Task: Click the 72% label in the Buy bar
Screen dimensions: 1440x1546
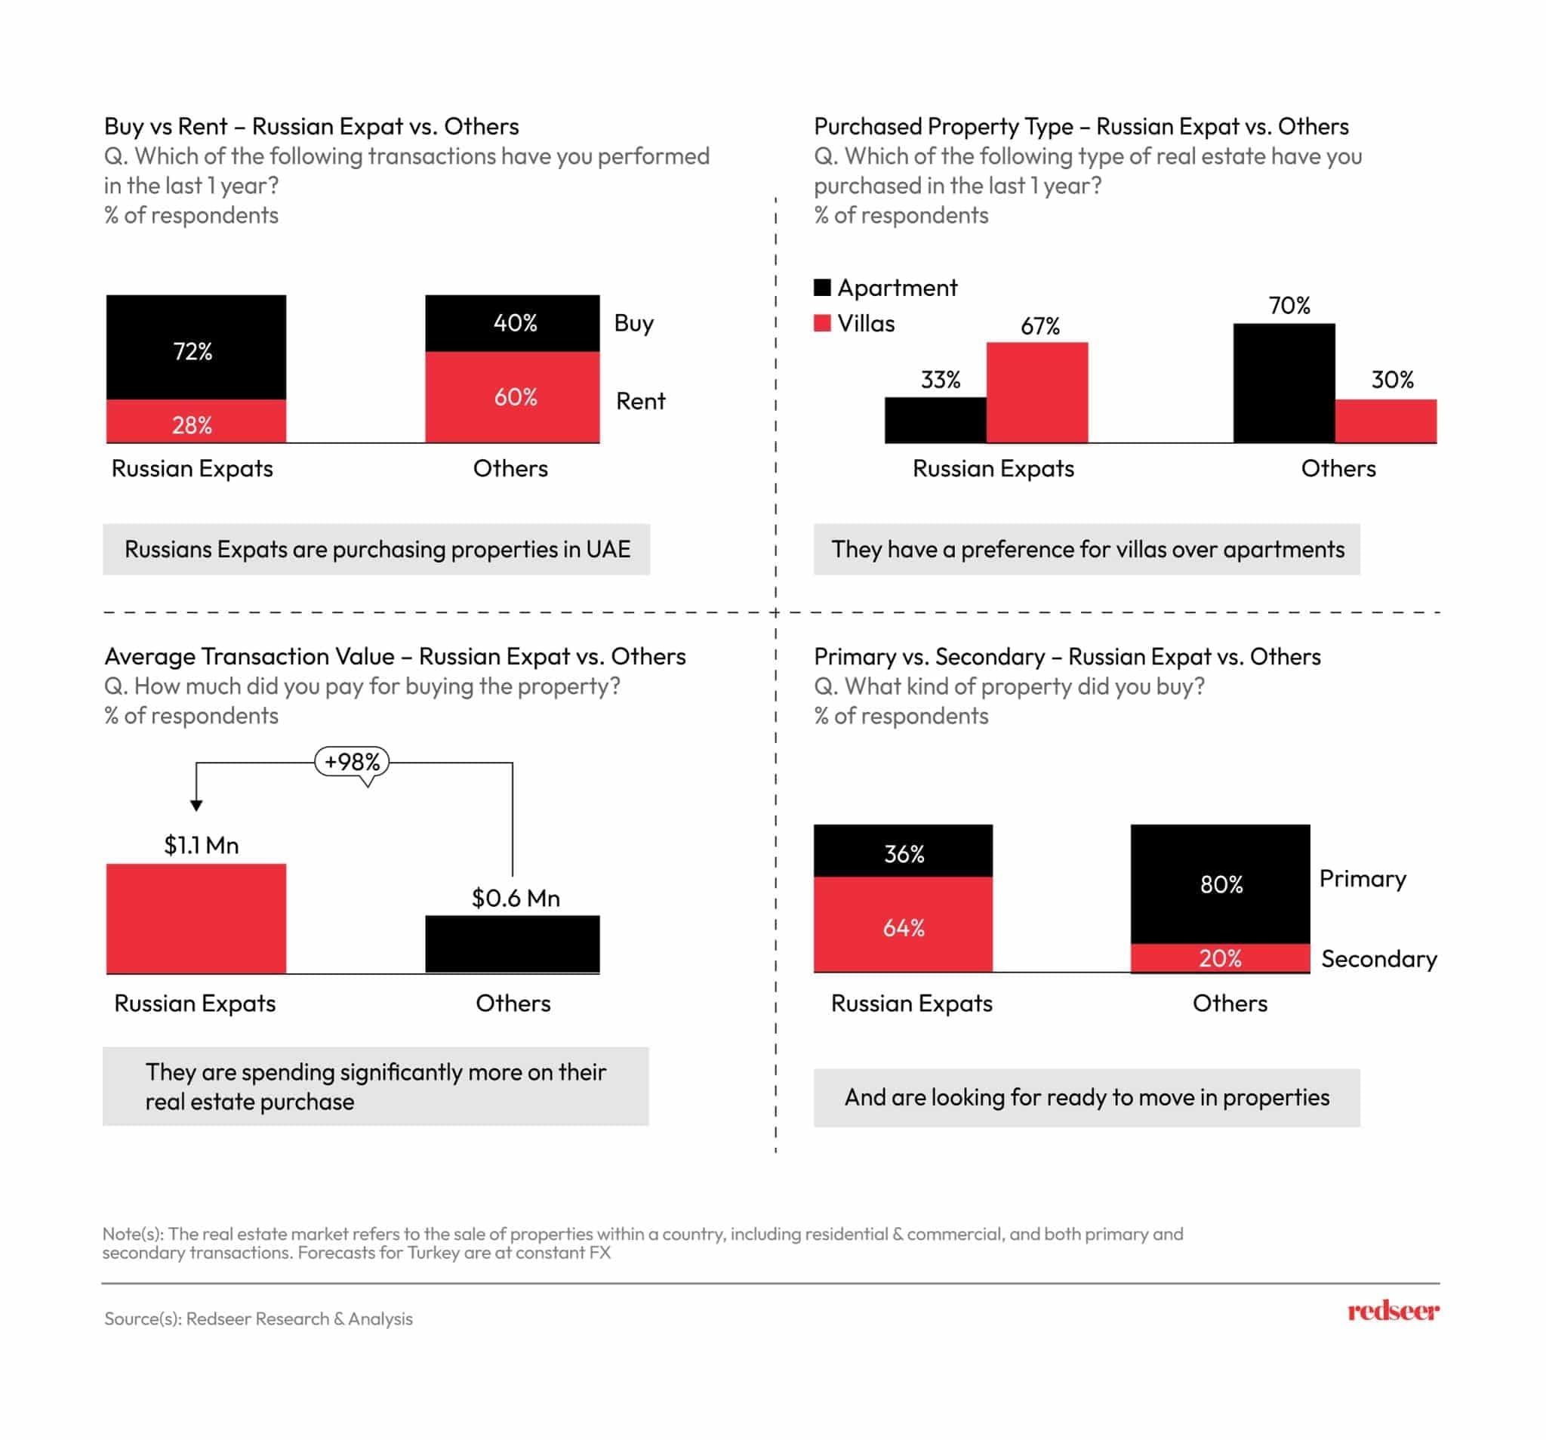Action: coord(192,352)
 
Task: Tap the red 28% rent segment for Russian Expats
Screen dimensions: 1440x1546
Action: coord(196,421)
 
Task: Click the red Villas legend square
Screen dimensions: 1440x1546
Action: coord(822,323)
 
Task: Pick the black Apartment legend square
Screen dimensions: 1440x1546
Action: coord(822,287)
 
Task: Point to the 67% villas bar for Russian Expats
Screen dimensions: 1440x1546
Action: coord(1036,393)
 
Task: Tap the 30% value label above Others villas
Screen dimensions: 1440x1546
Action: coord(1392,380)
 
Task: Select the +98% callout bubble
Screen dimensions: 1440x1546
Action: coord(352,762)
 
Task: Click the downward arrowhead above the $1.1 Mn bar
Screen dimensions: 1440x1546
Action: coord(196,805)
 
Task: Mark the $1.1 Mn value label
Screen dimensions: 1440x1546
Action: coord(201,845)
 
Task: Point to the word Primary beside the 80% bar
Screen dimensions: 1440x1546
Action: coord(1362,878)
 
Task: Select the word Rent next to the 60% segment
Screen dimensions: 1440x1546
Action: coord(640,401)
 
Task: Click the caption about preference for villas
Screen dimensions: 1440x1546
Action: coord(1086,549)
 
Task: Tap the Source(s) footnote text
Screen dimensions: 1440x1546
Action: coord(258,1318)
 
